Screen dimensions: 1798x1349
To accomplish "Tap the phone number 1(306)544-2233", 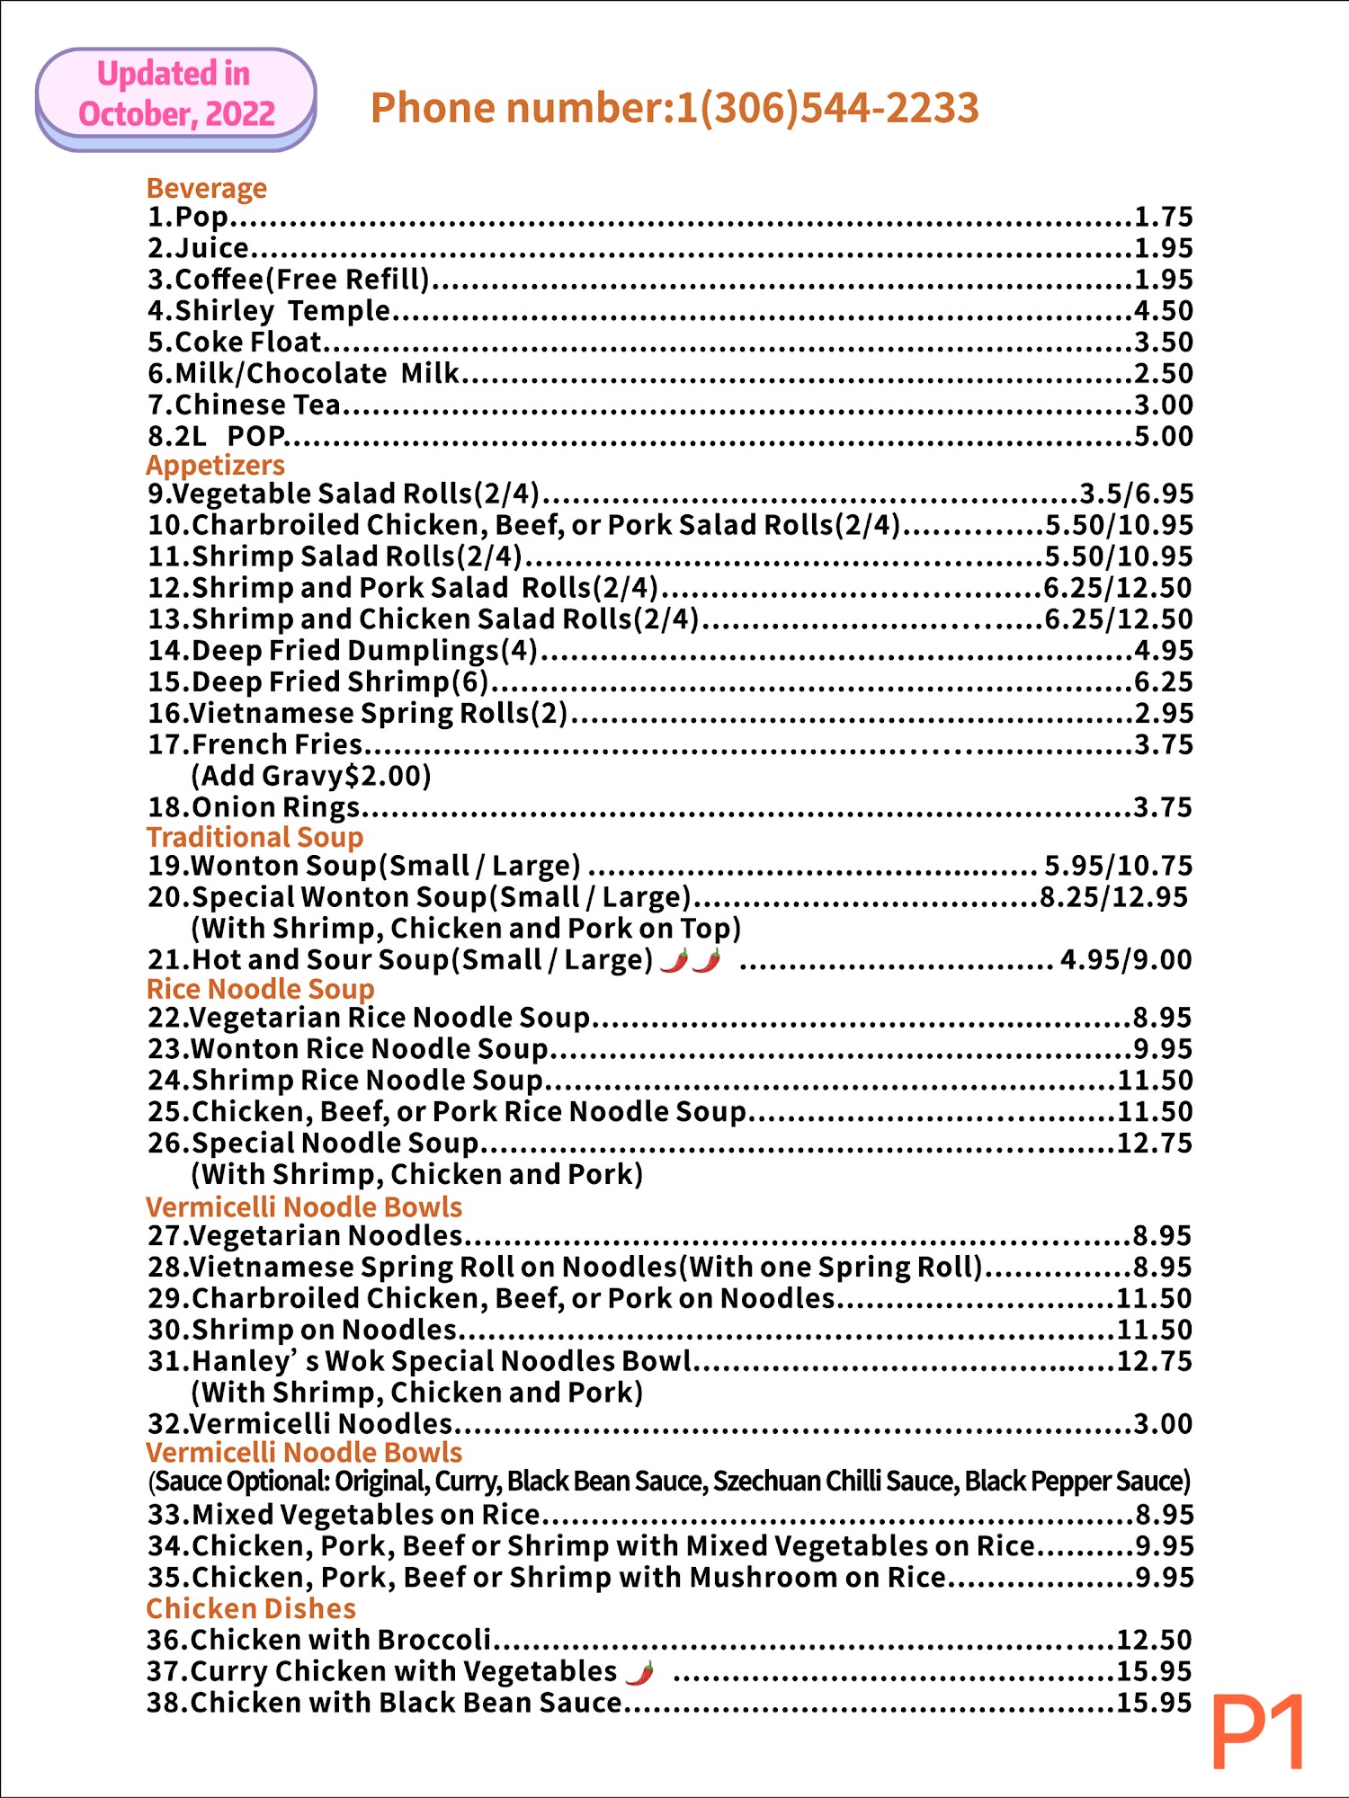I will pyautogui.click(x=674, y=108).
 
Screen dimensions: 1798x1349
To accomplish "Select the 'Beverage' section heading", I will pyautogui.click(x=207, y=188).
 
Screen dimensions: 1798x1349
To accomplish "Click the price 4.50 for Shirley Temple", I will pyautogui.click(x=1163, y=311).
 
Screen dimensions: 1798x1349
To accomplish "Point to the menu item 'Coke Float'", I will pyautogui.click(x=248, y=343).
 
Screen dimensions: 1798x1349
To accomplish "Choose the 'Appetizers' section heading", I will pyautogui.click(x=216, y=465).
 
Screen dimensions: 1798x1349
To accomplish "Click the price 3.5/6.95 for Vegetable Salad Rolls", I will pyautogui.click(x=1137, y=494).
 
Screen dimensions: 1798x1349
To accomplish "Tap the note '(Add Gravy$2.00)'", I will pyautogui.click(x=311, y=776).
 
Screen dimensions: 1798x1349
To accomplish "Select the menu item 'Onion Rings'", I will pyautogui.click(x=275, y=807).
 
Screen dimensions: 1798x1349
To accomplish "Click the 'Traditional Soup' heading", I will pyautogui.click(x=255, y=837).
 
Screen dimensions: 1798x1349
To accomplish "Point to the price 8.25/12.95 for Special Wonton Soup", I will pyautogui.click(x=1114, y=897).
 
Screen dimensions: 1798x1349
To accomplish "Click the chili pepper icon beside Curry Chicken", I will pyautogui.click(x=640, y=1673).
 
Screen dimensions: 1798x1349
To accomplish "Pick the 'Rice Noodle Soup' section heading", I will pyautogui.click(x=260, y=989).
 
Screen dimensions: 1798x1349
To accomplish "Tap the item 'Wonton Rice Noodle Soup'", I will pyautogui.click(x=369, y=1049).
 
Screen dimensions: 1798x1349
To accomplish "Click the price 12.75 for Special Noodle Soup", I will pyautogui.click(x=1155, y=1144).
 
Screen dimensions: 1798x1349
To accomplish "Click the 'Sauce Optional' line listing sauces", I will pyautogui.click(x=669, y=1482).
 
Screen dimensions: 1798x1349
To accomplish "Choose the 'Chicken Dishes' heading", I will pyautogui.click(x=251, y=1608).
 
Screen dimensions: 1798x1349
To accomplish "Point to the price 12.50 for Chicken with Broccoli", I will pyautogui.click(x=1155, y=1641).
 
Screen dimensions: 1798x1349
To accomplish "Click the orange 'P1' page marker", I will pyautogui.click(x=1258, y=1732).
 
